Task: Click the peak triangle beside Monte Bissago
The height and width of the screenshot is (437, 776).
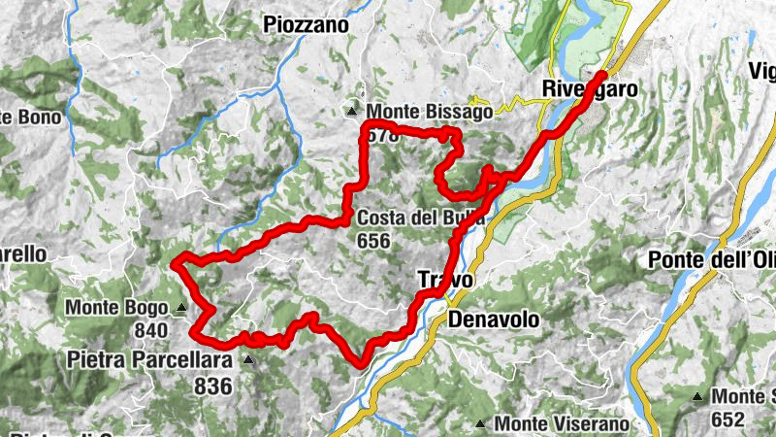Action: click(354, 112)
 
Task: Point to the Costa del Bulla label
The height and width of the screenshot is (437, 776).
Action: click(419, 218)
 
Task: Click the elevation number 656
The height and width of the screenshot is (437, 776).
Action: click(373, 241)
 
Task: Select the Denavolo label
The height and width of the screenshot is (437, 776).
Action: click(492, 319)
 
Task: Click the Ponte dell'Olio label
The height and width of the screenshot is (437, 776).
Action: click(711, 260)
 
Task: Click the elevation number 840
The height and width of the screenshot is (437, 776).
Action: click(151, 331)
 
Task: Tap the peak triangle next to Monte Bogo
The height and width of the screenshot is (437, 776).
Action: click(181, 310)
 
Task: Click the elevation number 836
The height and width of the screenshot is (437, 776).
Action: click(212, 387)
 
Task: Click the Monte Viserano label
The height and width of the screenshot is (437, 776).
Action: click(562, 423)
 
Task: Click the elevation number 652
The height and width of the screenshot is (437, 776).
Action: click(727, 420)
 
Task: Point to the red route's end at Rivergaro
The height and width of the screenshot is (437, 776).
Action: click(603, 74)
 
